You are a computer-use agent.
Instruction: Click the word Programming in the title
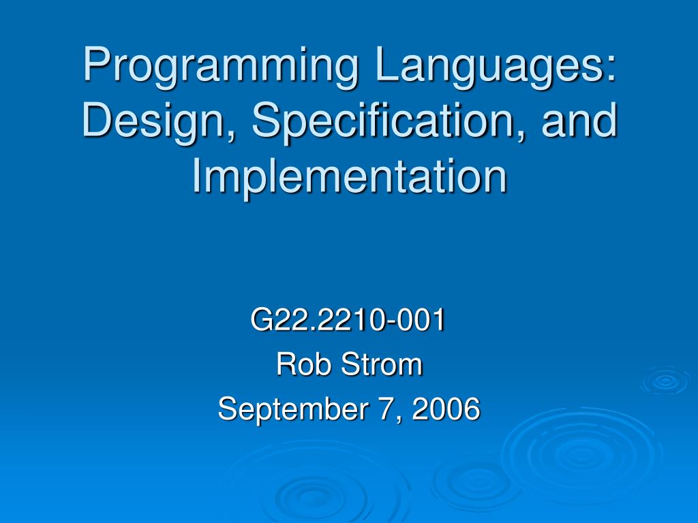click(219, 68)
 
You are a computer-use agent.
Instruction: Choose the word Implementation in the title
click(349, 175)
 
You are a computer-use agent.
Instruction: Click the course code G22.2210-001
click(348, 321)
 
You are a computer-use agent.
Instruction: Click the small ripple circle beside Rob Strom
click(665, 381)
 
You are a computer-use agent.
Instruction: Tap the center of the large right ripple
click(579, 453)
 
